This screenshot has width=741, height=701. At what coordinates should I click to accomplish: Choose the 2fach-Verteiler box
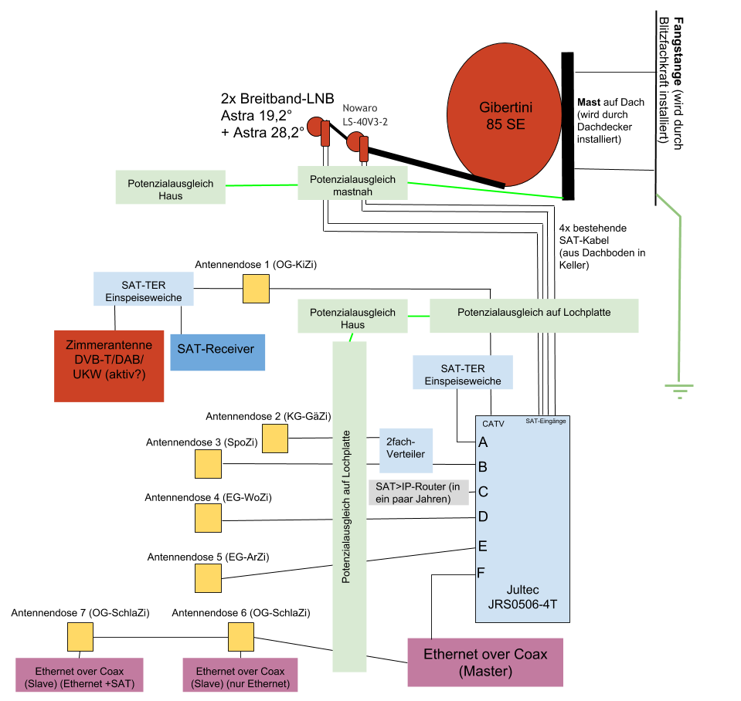click(x=404, y=449)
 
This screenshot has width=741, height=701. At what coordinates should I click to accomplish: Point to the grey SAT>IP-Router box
click(x=422, y=492)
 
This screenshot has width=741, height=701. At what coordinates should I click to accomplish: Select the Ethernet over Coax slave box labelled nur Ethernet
click(x=240, y=675)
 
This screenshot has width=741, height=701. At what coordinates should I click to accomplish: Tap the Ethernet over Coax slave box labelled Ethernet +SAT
click(x=80, y=675)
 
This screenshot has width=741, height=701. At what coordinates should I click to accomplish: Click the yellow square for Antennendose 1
click(x=257, y=290)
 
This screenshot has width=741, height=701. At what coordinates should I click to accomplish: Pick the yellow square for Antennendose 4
click(x=208, y=517)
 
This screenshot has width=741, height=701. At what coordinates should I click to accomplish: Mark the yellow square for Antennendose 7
click(x=80, y=638)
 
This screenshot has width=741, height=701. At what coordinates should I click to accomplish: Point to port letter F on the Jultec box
click(x=483, y=573)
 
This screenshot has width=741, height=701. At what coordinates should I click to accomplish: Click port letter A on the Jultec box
click(x=483, y=442)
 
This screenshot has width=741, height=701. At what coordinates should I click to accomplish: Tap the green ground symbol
click(x=680, y=391)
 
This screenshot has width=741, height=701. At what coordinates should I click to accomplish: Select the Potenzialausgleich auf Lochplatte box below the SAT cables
click(x=534, y=314)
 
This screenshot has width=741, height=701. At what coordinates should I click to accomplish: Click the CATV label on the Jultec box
click(x=493, y=424)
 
